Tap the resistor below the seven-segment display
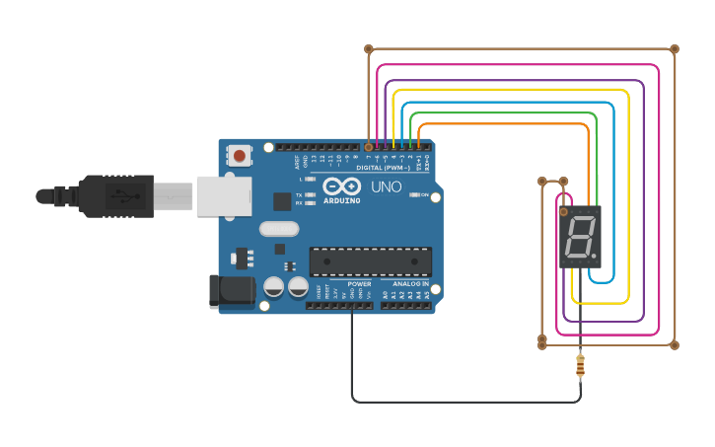pyautogui.click(x=580, y=366)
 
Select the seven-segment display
pyautogui.click(x=580, y=237)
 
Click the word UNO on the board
pyautogui.click(x=386, y=186)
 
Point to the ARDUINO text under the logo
pyautogui.click(x=341, y=200)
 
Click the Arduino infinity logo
pyautogui.click(x=341, y=186)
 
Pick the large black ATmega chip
pyautogui.click(x=371, y=261)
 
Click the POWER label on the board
pyautogui.click(x=359, y=284)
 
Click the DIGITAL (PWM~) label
pyautogui.click(x=385, y=167)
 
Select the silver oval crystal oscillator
pyautogui.click(x=279, y=229)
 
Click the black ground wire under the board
pyautogui.click(x=464, y=402)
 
